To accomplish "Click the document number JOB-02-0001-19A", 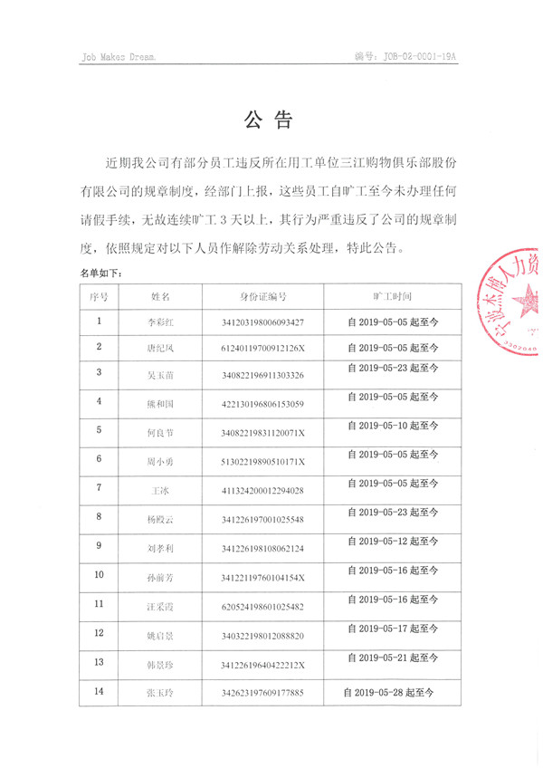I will coord(419,56).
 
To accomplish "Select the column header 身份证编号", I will coord(262,296).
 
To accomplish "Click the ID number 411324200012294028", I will coord(262,490).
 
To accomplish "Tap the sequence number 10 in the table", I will coord(99,574).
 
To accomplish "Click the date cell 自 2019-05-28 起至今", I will coord(390,692).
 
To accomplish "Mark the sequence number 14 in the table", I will coord(99,691).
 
